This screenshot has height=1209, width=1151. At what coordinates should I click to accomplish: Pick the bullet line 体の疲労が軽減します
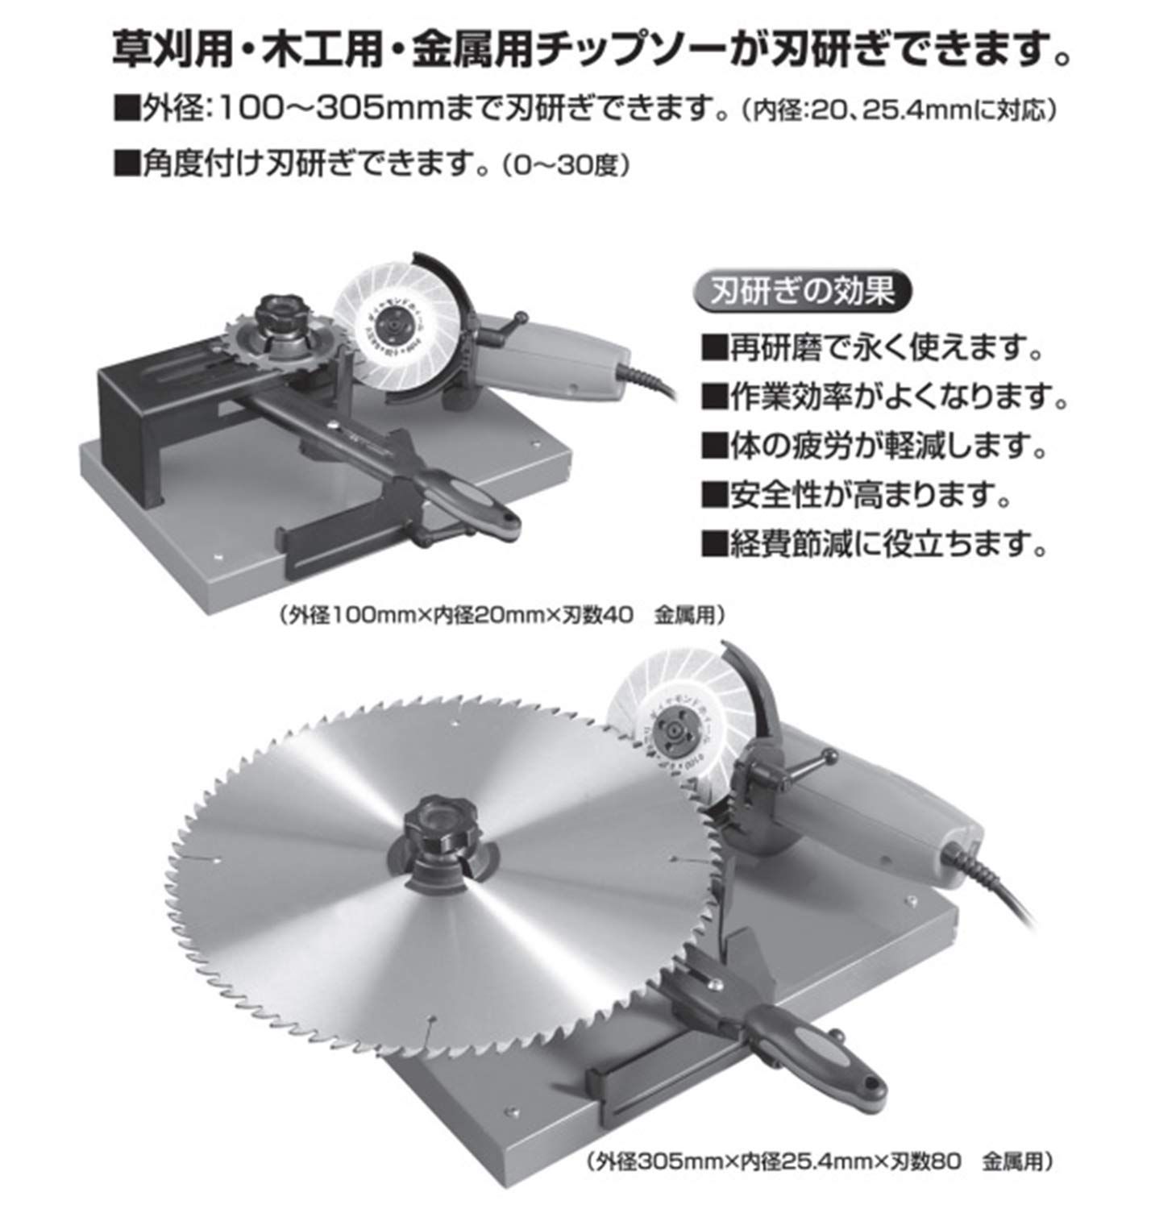pyautogui.click(x=875, y=446)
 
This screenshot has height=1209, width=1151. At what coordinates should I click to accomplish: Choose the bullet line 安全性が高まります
pyautogui.click(x=858, y=495)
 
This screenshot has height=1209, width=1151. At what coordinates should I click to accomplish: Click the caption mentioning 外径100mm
pyautogui.click(x=503, y=616)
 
